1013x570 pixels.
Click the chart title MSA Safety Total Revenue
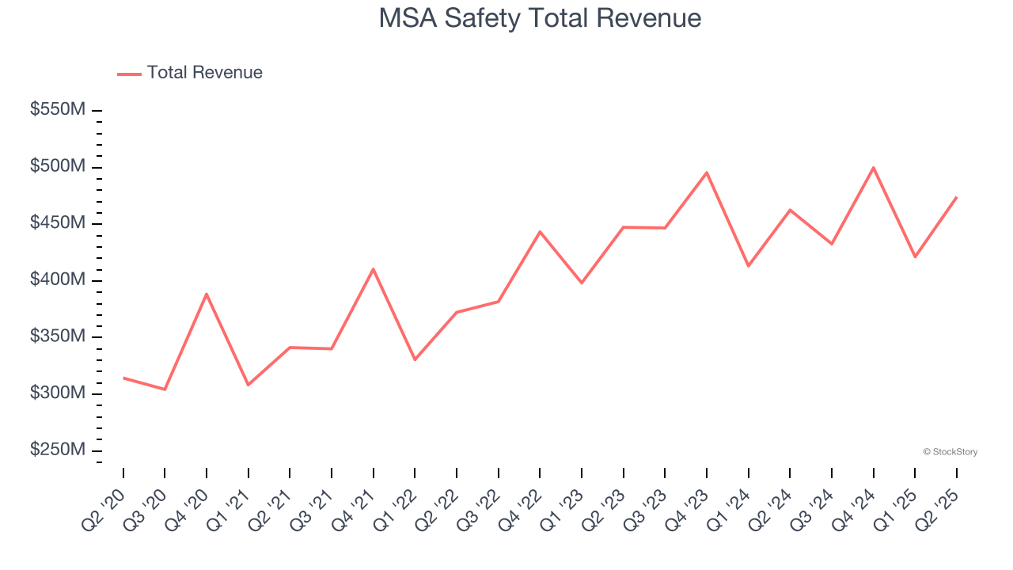540,18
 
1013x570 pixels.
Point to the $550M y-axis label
57,110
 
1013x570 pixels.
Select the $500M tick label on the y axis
57,167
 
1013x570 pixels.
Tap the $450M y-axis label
57,223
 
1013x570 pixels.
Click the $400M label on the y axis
57,280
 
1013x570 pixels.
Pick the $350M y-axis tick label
57,336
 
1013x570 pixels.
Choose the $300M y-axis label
57,393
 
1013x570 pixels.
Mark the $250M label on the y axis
57,450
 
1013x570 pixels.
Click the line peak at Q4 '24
873,167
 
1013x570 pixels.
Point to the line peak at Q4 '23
707,173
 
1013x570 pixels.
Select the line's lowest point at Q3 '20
165,389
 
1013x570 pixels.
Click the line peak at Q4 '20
207,294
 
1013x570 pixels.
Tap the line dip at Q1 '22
415,359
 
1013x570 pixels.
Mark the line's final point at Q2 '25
956,197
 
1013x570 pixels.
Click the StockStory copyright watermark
950,452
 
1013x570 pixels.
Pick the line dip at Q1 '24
748,265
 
